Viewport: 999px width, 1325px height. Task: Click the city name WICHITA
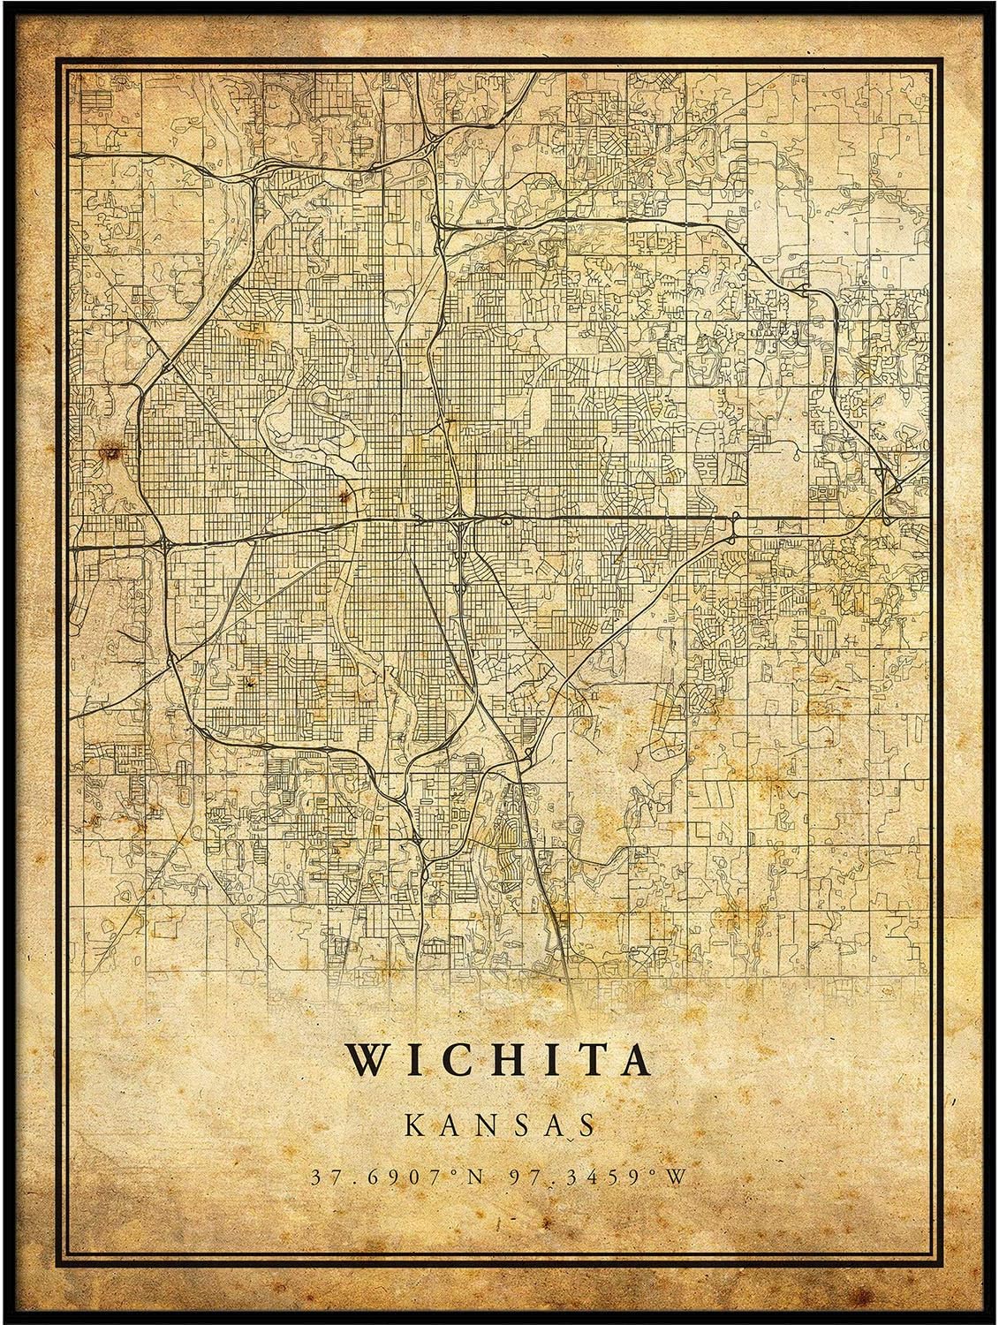point(499,1059)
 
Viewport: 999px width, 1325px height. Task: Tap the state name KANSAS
point(499,1124)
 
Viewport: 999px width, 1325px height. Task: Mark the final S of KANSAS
point(582,1124)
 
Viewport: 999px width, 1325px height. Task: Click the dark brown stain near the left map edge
point(111,453)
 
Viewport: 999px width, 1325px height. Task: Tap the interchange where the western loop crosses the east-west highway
point(165,541)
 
